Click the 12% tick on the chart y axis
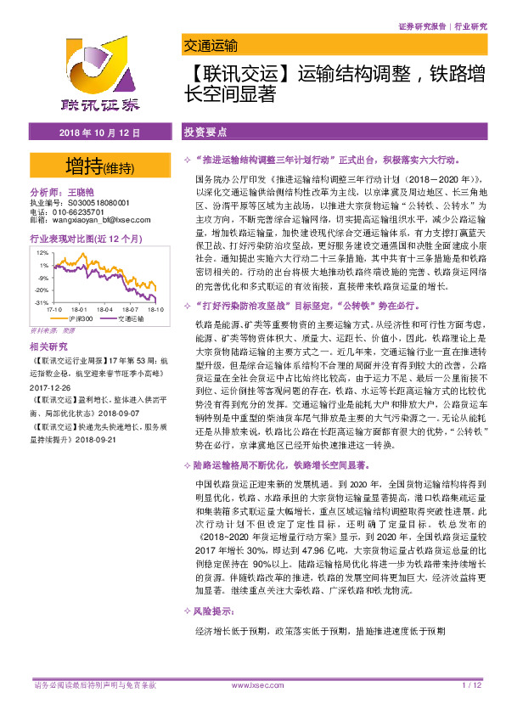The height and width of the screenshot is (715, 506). pyautogui.click(x=42, y=253)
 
